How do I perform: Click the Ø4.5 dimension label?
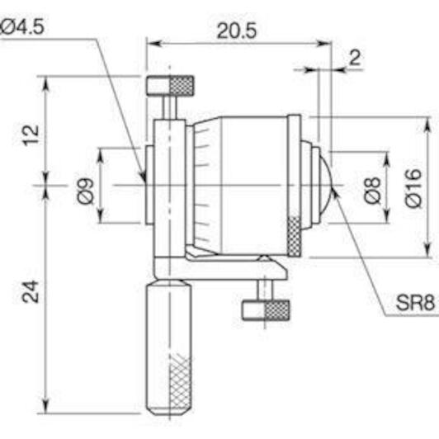[x=22, y=27]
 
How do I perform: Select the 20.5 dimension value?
[x=237, y=31]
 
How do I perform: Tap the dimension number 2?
[x=355, y=58]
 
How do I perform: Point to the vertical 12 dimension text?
[x=31, y=135]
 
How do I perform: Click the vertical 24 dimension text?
[x=31, y=292]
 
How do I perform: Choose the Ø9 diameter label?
[x=85, y=191]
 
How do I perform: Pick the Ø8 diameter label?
[x=373, y=191]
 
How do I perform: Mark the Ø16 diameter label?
[x=413, y=188]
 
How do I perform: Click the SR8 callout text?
[x=416, y=302]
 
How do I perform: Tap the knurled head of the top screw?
[x=182, y=85]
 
